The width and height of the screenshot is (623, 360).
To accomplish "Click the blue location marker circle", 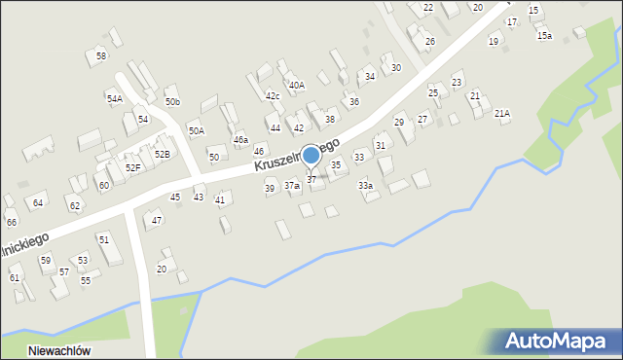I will (311, 156).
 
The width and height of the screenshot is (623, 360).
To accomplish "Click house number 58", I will (101, 56).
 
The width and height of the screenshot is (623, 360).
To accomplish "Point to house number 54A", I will (115, 99).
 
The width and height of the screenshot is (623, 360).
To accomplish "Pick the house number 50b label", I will (172, 102).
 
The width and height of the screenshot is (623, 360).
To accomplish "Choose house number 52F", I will (132, 167).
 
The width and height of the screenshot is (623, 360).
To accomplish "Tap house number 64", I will (38, 202).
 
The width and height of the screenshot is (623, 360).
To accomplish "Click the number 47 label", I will (157, 221).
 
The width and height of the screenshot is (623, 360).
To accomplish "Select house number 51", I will (103, 239).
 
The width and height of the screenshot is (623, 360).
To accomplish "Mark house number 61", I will (15, 277).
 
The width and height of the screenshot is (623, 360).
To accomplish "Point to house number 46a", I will (240, 140).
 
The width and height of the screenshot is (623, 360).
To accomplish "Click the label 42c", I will (273, 95).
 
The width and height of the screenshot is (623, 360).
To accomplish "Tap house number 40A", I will (296, 86).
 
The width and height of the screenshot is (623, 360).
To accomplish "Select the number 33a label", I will (365, 185).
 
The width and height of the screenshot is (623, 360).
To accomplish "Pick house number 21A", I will (502, 114).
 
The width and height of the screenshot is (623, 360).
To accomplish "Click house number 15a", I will (544, 36).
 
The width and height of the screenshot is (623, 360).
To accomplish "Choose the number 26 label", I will (429, 42).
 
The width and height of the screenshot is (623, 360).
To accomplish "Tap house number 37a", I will (291, 185).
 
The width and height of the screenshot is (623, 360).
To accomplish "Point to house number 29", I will (398, 122).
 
